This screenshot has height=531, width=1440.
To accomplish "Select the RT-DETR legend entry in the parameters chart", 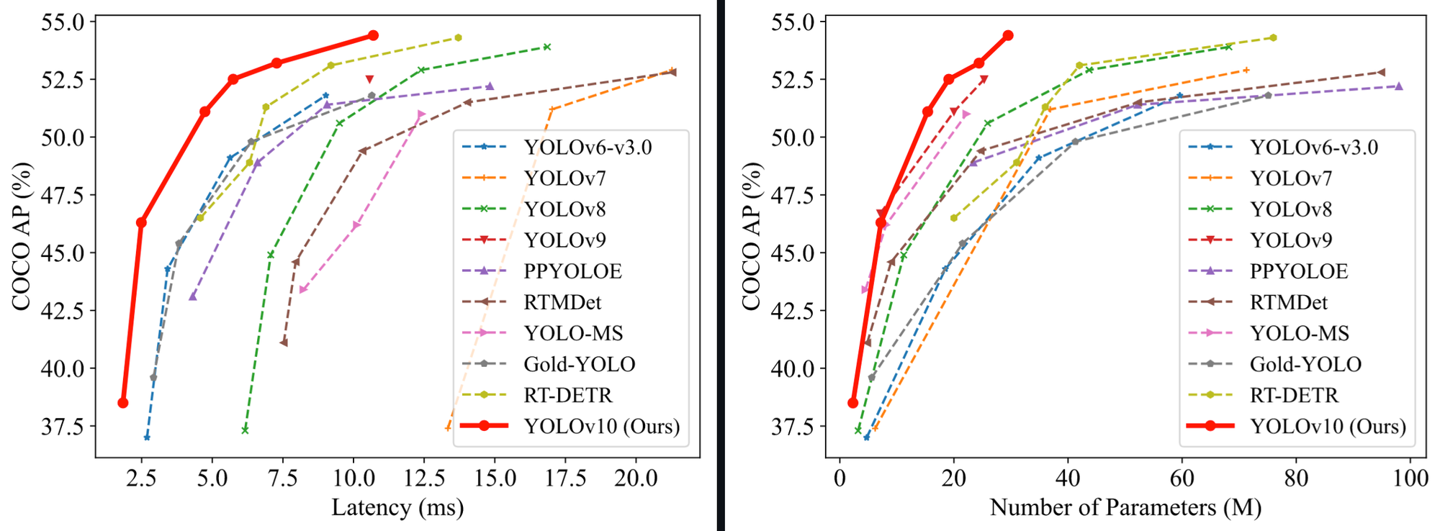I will pyautogui.click(x=1294, y=395).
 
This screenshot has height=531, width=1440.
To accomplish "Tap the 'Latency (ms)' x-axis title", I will pyautogui.click(x=397, y=508).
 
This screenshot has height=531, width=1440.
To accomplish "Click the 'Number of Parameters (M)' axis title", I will pyautogui.click(x=1125, y=508).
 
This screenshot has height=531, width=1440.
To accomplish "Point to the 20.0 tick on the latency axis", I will pyautogui.click(x=636, y=478).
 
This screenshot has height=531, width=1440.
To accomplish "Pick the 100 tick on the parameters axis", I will pyautogui.click(x=1410, y=478).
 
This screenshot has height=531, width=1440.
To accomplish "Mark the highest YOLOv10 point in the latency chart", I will pyautogui.click(x=373, y=35).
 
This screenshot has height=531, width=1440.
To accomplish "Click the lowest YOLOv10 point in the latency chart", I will pyautogui.click(x=123, y=403).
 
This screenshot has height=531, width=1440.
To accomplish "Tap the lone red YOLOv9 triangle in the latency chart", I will pyautogui.click(x=369, y=79).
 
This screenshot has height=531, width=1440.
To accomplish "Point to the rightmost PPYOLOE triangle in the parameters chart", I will pyautogui.click(x=1399, y=86).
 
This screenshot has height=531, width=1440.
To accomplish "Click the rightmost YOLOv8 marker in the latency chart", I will pyautogui.click(x=547, y=47).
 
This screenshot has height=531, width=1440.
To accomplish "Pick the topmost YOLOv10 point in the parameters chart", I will pyautogui.click(x=1008, y=35).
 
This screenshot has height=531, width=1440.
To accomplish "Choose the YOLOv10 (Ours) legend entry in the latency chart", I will pyautogui.click(x=601, y=426).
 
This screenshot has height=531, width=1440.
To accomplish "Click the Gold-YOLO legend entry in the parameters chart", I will pyautogui.click(x=1305, y=364).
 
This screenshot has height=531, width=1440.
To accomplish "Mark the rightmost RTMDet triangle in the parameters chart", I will pyautogui.click(x=1381, y=72).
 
